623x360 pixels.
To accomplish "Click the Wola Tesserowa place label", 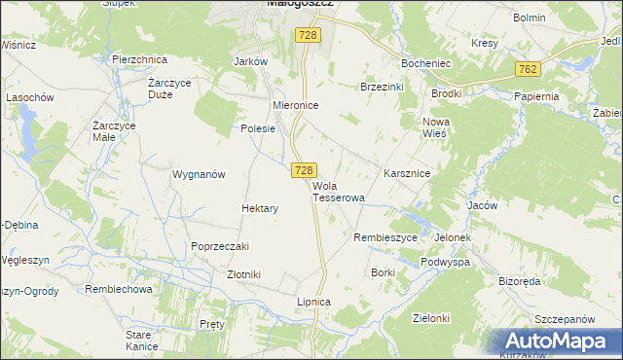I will click(338, 191).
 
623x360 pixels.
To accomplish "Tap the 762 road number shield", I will click(528, 69).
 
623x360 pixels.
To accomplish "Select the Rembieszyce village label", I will click(385, 237).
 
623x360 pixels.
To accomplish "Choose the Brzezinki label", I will click(382, 87).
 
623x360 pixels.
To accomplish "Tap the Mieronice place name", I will click(296, 105).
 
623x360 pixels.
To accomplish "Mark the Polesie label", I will click(259, 128).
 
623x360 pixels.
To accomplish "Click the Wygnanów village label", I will click(199, 175).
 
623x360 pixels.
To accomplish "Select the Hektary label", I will click(260, 209).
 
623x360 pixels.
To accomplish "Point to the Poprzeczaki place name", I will click(221, 247).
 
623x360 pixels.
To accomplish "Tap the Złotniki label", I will click(243, 275).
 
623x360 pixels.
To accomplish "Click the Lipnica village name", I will click(314, 303).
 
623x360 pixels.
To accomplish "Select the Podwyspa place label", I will click(446, 263).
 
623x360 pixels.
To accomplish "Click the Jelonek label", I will click(454, 237).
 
